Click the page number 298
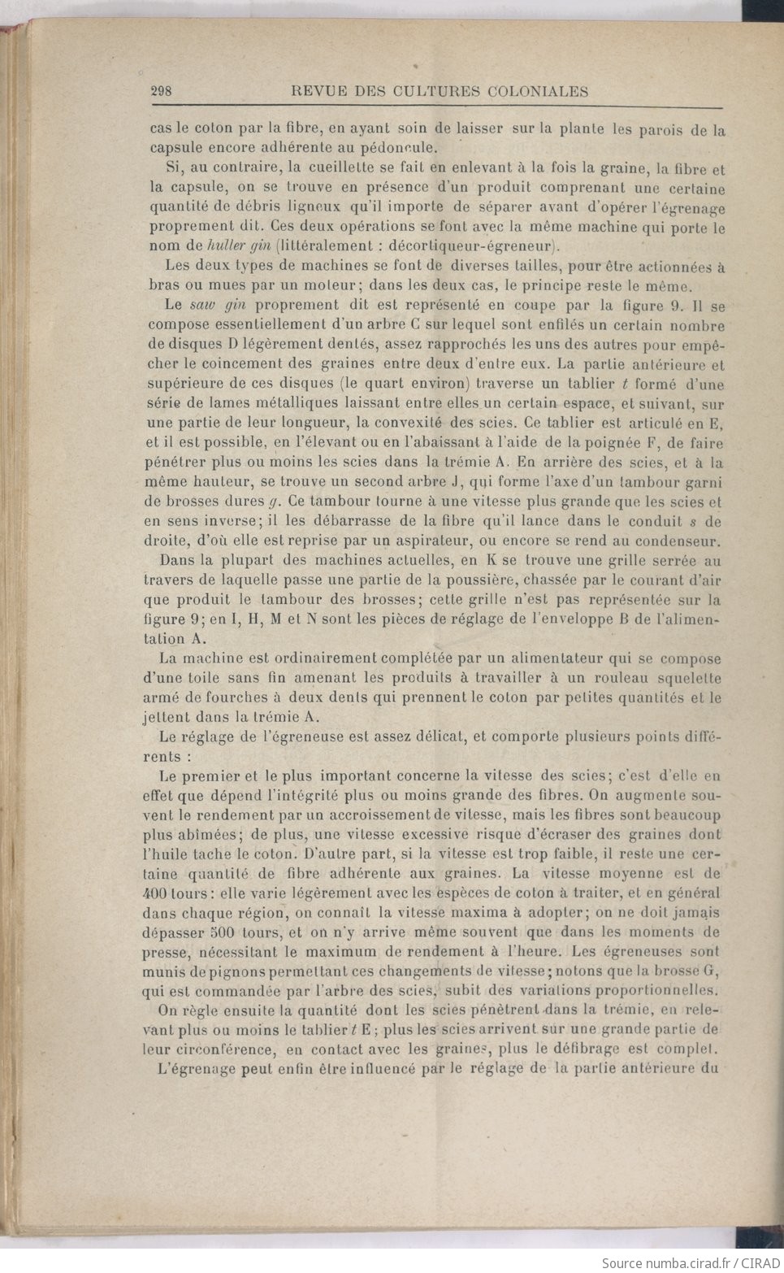[161, 91]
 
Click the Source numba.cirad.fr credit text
[690, 1262]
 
